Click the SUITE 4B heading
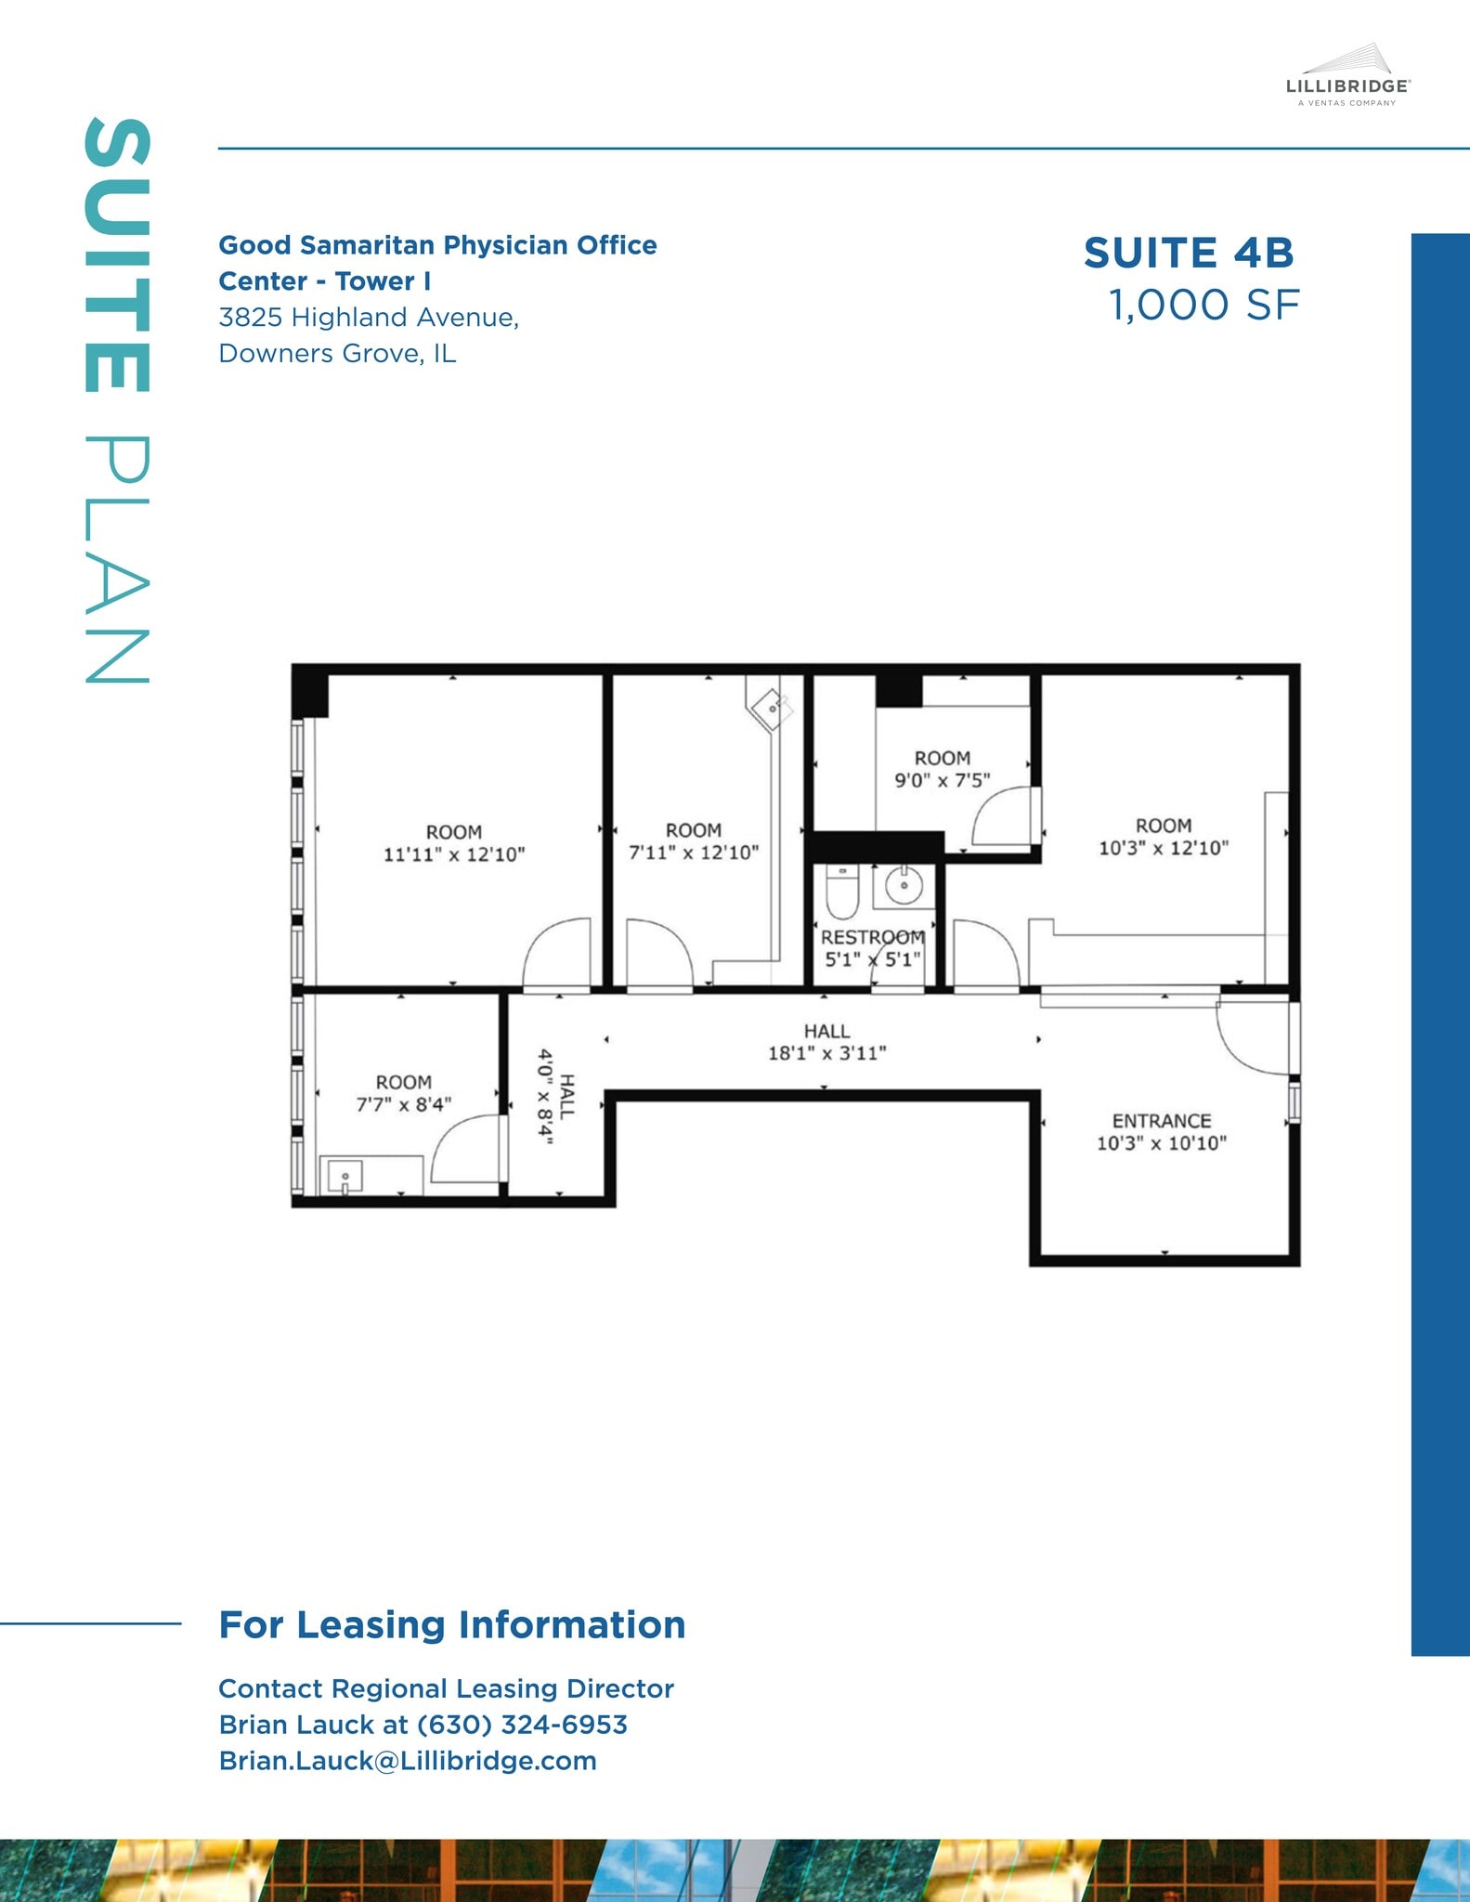pyautogui.click(x=1189, y=253)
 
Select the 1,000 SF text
pyautogui.click(x=1204, y=306)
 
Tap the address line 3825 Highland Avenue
pyautogui.click(x=369, y=318)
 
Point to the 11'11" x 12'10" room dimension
pyautogui.click(x=454, y=854)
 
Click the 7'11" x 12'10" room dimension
pyautogui.click(x=694, y=853)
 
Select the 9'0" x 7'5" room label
pyautogui.click(x=942, y=781)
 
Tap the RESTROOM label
pyautogui.click(x=872, y=937)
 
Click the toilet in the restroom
pyautogui.click(x=841, y=892)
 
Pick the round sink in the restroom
pyautogui.click(x=903, y=886)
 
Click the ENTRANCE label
pyautogui.click(x=1162, y=1121)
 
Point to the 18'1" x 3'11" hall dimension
pyautogui.click(x=826, y=1053)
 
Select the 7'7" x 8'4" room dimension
pyautogui.click(x=403, y=1104)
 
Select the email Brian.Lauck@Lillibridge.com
pyautogui.click(x=408, y=1761)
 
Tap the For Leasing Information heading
pyautogui.click(x=452, y=1625)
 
